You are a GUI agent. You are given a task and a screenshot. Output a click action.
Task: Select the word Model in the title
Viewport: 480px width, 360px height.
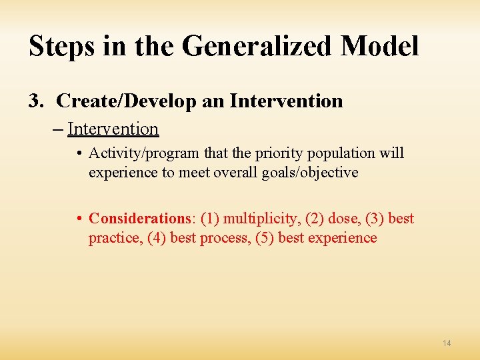pyautogui.click(x=379, y=47)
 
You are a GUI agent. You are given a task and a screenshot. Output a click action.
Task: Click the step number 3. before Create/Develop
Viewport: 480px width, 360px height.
pyautogui.click(x=36, y=101)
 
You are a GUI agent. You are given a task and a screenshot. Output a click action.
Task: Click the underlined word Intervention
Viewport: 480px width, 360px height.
pyautogui.click(x=113, y=129)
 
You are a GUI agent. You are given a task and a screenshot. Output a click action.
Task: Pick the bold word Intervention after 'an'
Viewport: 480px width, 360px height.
pyautogui.click(x=286, y=101)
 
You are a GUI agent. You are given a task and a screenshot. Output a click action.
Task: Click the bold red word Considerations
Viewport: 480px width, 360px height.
pyautogui.click(x=140, y=219)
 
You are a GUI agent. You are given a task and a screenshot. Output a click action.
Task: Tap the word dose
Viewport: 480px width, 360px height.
pyautogui.click(x=344, y=219)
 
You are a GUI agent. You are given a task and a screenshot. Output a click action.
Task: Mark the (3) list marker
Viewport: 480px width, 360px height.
pyautogui.click(x=374, y=219)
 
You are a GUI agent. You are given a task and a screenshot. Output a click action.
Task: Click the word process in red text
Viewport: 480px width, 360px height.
pyautogui.click(x=225, y=238)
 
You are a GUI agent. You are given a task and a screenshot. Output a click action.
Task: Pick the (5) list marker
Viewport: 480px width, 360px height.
pyautogui.click(x=265, y=238)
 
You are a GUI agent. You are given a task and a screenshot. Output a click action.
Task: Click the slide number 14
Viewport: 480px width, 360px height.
pyautogui.click(x=446, y=343)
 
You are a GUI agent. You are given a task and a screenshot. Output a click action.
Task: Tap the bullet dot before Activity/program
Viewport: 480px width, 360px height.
pyautogui.click(x=79, y=153)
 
